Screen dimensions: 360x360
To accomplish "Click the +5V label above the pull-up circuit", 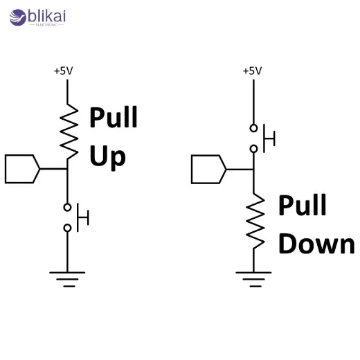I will click(x=63, y=71).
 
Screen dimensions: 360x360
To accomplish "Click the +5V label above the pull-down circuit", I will click(x=252, y=71).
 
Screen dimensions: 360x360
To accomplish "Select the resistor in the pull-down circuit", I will click(x=255, y=220).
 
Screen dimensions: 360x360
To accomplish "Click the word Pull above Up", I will click(x=114, y=118).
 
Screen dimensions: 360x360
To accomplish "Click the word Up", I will click(x=107, y=156).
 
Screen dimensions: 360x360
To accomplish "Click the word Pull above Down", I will click(x=303, y=206).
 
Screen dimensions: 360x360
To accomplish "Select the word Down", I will click(x=316, y=244).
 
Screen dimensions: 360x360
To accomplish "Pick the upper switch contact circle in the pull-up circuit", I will click(x=67, y=207).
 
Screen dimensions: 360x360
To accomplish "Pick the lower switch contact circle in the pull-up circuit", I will click(x=67, y=228).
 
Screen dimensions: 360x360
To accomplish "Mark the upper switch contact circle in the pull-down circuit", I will click(x=254, y=128).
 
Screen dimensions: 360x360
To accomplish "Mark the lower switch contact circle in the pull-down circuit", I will click(x=254, y=148).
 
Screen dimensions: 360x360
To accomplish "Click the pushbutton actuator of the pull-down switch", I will click(x=269, y=138).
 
